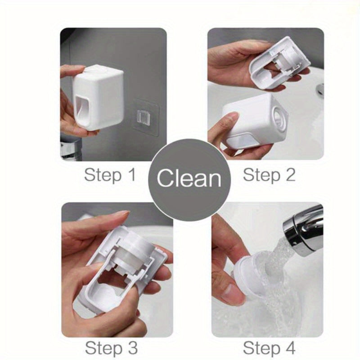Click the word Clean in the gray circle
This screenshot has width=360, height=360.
(189, 178)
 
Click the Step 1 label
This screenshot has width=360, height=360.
(109, 175)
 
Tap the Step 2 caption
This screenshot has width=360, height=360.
(269, 175)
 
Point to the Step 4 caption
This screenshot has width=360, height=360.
(269, 348)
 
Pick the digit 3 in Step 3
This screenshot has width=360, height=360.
(131, 348)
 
